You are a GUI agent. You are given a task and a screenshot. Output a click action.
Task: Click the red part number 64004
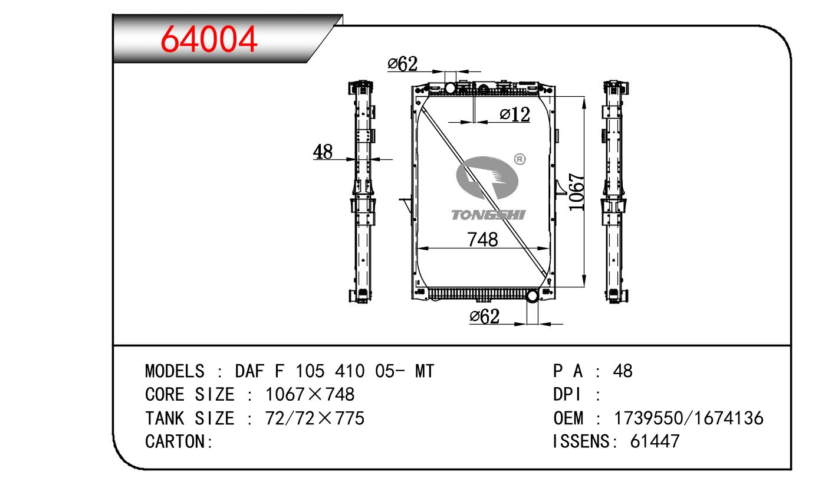[x=209, y=39]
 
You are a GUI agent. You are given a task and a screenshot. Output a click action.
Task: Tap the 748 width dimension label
[x=482, y=240]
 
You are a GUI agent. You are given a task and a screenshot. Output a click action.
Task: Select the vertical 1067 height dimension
[x=576, y=192]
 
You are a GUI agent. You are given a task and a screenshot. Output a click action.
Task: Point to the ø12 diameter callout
[x=515, y=114]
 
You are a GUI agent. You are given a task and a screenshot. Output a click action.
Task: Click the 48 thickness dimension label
[x=323, y=152]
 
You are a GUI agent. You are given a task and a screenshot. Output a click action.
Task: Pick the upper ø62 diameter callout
[x=403, y=64]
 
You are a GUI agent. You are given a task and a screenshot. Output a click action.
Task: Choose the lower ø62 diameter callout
[x=485, y=316]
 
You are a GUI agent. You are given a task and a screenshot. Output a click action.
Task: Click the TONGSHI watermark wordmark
[x=488, y=215]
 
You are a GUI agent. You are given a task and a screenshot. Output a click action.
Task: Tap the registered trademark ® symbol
[x=520, y=159]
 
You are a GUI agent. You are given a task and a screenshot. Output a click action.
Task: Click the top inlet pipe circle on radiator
[x=451, y=88]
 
